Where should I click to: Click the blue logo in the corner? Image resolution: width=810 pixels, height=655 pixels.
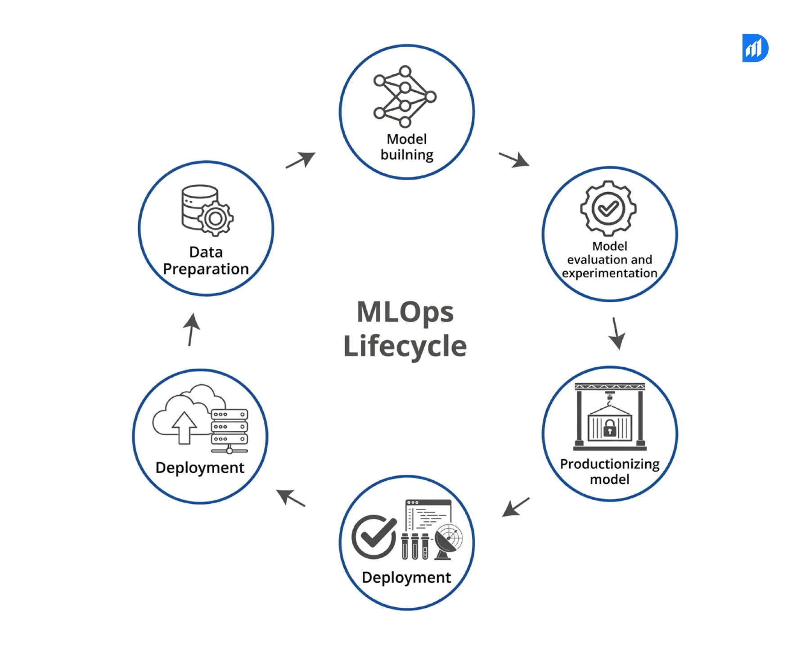tap(755, 48)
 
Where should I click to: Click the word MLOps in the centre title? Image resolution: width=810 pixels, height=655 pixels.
tap(405, 312)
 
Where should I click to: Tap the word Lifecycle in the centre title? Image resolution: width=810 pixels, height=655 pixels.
tap(405, 346)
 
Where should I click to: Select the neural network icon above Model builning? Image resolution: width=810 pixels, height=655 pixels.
tap(405, 96)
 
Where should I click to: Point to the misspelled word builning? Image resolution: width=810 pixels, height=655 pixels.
tap(407, 155)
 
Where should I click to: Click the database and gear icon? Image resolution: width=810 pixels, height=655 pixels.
tap(207, 210)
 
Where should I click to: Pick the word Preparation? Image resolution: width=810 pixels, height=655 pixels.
tap(206, 269)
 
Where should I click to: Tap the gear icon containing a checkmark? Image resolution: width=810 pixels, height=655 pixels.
tap(608, 208)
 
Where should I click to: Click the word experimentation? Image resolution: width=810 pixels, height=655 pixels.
tap(609, 273)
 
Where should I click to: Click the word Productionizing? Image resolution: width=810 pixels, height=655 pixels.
tap(609, 464)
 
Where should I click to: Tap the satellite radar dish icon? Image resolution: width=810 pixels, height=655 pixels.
tap(448, 542)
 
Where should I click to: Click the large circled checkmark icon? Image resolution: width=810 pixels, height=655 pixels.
tap(374, 537)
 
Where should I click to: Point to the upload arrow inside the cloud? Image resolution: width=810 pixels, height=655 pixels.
tap(184, 427)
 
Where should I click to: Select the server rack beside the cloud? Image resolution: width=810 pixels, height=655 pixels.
tap(229, 430)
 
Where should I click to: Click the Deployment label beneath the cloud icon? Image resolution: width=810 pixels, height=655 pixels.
tap(200, 468)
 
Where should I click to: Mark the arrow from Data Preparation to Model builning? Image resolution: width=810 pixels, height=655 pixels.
tap(301, 160)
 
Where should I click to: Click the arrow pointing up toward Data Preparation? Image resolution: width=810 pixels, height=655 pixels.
tap(192, 330)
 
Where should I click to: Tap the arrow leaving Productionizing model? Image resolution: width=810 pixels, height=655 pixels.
tap(516, 507)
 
